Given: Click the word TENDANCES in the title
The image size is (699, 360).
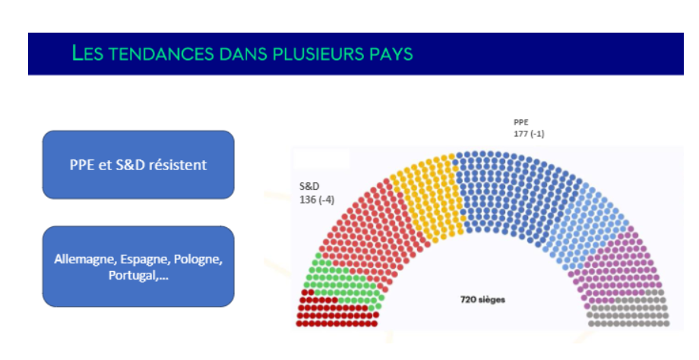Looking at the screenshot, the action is pos(161,53).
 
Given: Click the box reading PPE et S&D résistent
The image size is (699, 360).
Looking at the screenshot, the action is pos(138,164).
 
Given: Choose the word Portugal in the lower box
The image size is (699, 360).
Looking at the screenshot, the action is pos(133,276).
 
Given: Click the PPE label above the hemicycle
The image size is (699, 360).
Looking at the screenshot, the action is pos(520,122).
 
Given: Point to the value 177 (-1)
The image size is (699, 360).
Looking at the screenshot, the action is pos(529,134).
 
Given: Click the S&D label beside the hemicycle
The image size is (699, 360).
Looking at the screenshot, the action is pos(309,186).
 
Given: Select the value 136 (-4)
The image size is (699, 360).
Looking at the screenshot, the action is pos(317,200).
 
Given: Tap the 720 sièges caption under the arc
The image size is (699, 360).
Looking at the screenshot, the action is pos(482,299).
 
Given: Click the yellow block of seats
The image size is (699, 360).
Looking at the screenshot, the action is pos(428,196).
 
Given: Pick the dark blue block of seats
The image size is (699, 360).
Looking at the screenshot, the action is pos(513,191).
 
